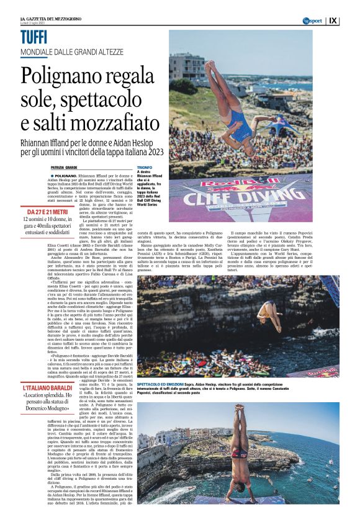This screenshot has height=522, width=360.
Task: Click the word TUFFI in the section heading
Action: [x=34, y=37]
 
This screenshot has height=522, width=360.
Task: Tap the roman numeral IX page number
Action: [x=350, y=20]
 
